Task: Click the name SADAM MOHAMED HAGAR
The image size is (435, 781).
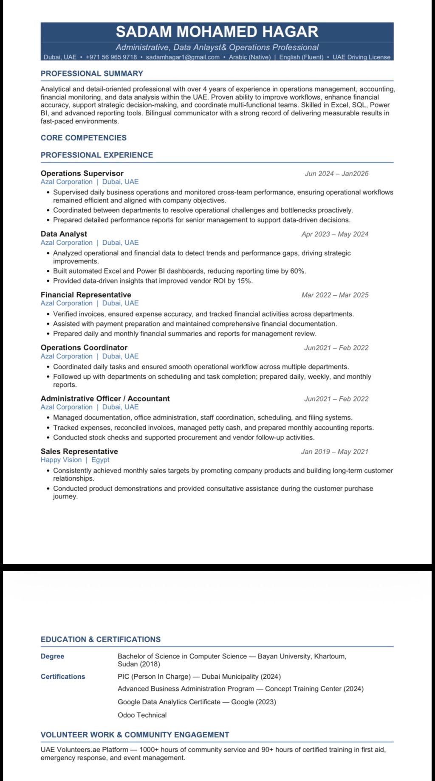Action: click(x=217, y=32)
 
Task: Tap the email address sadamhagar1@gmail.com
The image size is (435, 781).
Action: click(x=183, y=57)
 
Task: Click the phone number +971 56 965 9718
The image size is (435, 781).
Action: click(x=111, y=57)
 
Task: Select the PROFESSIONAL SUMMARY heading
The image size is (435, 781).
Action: click(x=92, y=73)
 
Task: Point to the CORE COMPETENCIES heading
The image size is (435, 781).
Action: click(x=84, y=138)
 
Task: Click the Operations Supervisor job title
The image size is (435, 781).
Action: click(x=82, y=173)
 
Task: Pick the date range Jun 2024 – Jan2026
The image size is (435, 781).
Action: click(x=336, y=174)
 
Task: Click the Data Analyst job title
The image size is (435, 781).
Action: click(x=64, y=234)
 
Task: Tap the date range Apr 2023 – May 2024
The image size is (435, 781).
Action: click(x=335, y=234)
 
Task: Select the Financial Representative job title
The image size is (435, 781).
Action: click(x=86, y=295)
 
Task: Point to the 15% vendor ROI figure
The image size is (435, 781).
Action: click(x=244, y=281)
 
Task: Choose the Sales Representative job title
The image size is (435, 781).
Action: click(x=79, y=451)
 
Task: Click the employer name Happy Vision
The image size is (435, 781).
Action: click(x=61, y=460)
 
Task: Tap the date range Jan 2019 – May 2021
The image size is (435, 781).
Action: click(x=334, y=452)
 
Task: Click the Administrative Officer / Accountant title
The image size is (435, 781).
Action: click(x=105, y=399)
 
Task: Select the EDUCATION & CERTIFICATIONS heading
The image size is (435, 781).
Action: click(x=101, y=639)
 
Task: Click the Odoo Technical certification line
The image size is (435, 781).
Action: click(x=142, y=715)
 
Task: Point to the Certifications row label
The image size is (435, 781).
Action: click(x=63, y=677)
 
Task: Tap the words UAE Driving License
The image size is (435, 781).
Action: click(x=361, y=57)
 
